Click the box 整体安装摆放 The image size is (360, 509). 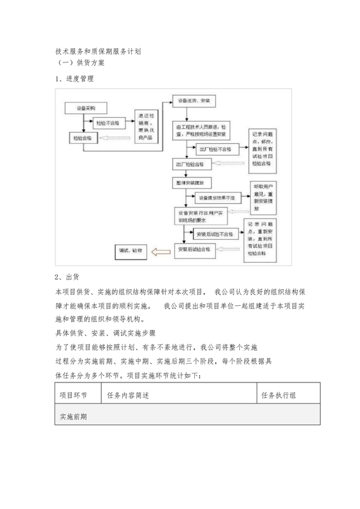196,183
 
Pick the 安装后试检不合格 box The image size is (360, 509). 215,235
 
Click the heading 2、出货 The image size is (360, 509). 67,278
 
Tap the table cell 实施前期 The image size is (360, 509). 73,416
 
